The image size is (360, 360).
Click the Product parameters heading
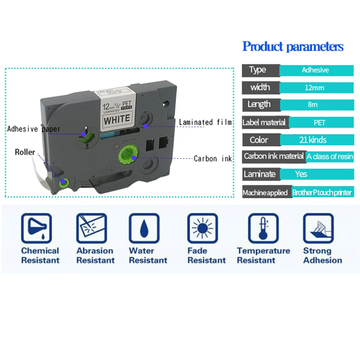(293, 47)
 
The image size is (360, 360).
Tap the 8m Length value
(312, 105)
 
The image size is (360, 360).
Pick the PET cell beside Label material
(319, 122)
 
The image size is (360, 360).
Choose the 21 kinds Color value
(312, 140)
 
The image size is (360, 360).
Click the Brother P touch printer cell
(321, 193)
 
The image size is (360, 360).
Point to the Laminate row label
(260, 174)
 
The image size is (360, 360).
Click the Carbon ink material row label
(274, 156)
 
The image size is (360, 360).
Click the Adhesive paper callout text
(34, 129)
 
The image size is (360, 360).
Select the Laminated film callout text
(205, 122)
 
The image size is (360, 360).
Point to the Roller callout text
(25, 152)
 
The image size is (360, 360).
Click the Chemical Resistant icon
(36, 228)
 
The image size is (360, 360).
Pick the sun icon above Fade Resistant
(202, 228)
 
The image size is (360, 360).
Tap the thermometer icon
(263, 228)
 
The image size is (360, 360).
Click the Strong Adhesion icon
(318, 228)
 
